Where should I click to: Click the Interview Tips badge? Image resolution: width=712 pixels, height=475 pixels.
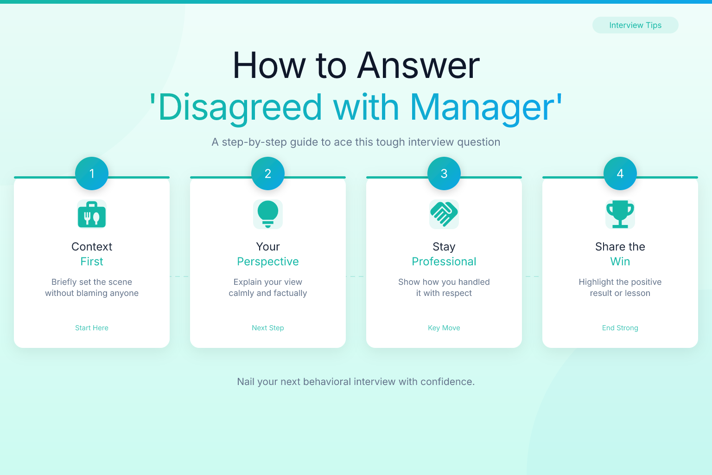tap(635, 25)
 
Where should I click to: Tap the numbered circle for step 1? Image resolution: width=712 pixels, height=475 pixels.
tap(92, 173)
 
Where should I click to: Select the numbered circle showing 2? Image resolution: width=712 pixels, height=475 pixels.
tap(268, 173)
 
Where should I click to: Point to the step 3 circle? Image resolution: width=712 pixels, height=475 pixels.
tap(444, 173)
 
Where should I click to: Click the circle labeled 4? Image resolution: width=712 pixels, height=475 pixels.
tap(620, 173)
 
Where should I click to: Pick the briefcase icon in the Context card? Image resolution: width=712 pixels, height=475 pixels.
tap(92, 214)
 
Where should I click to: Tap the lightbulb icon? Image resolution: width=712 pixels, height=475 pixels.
tap(268, 214)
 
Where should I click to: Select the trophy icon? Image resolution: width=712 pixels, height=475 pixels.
tap(620, 214)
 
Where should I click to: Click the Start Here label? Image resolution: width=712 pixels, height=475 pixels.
tap(92, 327)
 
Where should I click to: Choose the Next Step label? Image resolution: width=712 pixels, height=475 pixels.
tap(268, 327)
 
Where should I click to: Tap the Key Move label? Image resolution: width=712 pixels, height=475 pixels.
tap(444, 327)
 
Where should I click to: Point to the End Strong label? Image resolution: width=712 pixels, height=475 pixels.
tap(620, 327)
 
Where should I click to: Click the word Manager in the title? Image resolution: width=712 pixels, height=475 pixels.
tap(483, 108)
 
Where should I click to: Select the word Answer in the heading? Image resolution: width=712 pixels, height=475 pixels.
tap(418, 66)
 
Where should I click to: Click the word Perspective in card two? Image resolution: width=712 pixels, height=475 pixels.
tap(268, 262)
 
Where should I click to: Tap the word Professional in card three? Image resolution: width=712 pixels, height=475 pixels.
tap(444, 262)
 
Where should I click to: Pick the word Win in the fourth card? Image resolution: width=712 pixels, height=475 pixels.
tap(620, 262)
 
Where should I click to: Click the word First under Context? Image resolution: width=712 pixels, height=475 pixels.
tap(92, 262)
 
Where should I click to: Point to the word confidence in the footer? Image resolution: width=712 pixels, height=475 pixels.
tap(447, 382)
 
